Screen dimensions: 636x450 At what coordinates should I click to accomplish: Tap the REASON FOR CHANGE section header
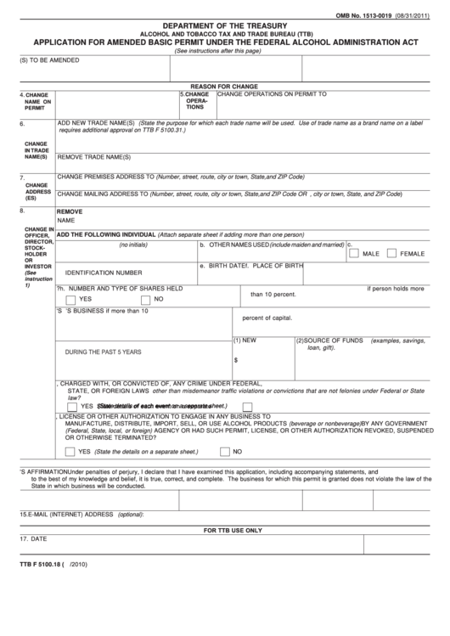pos(224,87)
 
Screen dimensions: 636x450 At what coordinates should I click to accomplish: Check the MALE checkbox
pos(353,253)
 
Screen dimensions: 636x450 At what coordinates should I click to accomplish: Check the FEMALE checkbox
pos(391,253)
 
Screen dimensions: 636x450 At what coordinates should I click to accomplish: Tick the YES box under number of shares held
pos(70,299)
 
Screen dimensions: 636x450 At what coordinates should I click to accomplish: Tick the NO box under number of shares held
pos(146,299)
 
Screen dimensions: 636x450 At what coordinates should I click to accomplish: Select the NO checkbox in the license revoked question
pos(224,451)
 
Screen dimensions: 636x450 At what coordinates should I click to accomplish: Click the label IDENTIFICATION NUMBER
pos(104,273)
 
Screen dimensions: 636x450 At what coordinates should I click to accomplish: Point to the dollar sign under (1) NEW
pos(235,358)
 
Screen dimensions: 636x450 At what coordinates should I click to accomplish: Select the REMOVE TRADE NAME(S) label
pos(93,157)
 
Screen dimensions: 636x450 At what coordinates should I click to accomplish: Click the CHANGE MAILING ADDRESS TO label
pos(102,194)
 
